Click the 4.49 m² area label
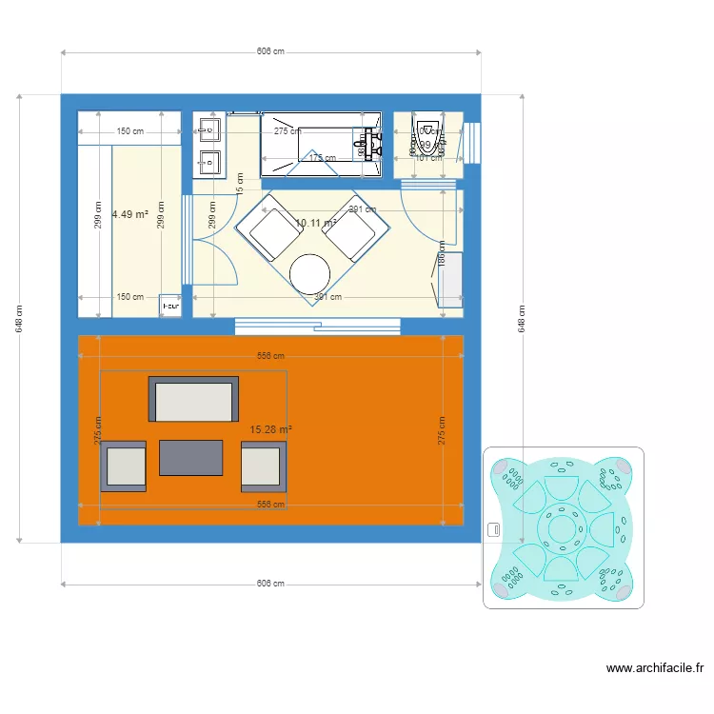(129, 214)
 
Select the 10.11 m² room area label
(315, 223)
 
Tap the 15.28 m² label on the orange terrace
(270, 429)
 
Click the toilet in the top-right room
(427, 138)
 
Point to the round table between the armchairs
(310, 273)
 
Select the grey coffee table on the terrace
(191, 457)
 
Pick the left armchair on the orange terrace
(124, 466)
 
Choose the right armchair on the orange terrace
(262, 466)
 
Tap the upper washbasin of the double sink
(208, 130)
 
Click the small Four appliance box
(170, 305)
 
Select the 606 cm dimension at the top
(270, 51)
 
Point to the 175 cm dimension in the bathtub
(323, 158)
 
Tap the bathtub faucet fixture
(369, 144)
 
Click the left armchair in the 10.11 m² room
(271, 233)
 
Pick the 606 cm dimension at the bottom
(270, 583)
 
